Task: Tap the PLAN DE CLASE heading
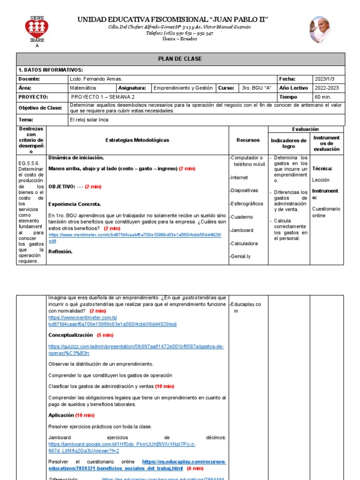point(180,59)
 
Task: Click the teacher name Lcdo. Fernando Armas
point(96,79)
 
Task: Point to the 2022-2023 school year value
point(327,88)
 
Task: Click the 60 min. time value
point(323,97)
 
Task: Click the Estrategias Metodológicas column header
point(137,140)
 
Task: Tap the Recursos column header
point(248,140)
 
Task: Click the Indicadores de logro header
point(289,143)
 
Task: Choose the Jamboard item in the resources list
point(241,230)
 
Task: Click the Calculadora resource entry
point(244,243)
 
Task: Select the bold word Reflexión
point(60,251)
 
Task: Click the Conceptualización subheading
point(71,335)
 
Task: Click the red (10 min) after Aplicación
point(85,415)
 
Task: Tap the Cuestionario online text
point(326,212)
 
